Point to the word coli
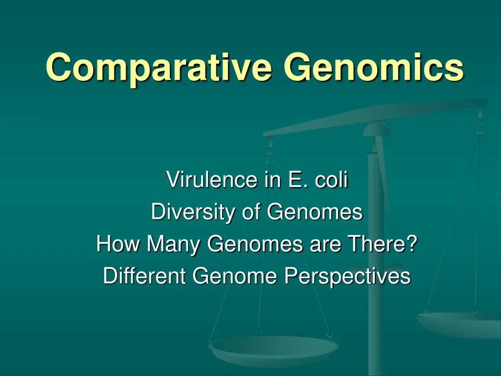point(331,180)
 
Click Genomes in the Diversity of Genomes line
point(315,212)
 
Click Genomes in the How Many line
point(254,244)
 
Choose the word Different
point(145,276)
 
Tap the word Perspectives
point(347,276)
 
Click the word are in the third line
point(324,244)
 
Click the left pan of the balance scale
point(273,349)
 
